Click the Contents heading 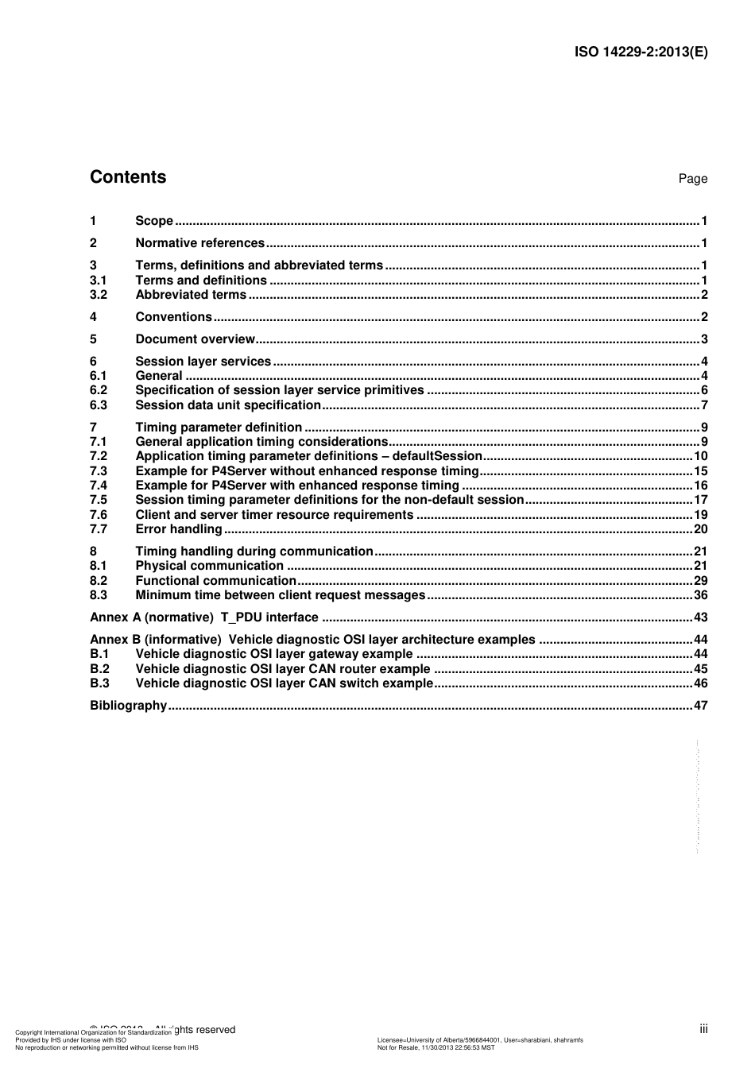click(128, 177)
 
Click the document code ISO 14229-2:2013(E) click(641, 52)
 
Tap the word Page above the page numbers click(692, 179)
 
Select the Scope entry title click(154, 221)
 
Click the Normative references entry click(199, 243)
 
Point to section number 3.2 click(99, 295)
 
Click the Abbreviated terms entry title click(191, 295)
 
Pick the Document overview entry click(195, 339)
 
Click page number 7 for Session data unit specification click(704, 405)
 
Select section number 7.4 click(99, 486)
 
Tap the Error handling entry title click(179, 529)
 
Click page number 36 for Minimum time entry click(700, 595)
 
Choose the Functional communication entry click(215, 581)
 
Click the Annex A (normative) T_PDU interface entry click(204, 617)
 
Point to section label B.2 click(99, 669)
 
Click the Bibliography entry click(128, 706)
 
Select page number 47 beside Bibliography click(700, 706)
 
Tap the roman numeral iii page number click(703, 1029)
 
